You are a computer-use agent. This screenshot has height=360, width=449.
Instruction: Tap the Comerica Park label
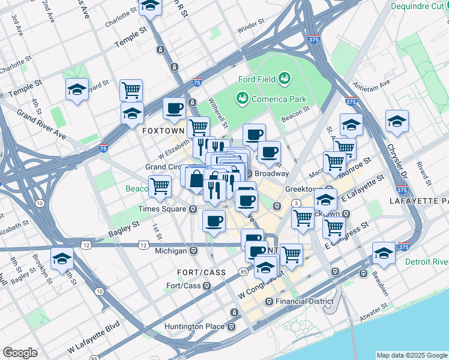(x=271, y=99)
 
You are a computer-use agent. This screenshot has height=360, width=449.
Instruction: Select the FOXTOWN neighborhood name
(x=162, y=130)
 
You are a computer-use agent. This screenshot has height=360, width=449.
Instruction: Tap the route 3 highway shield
(x=296, y=205)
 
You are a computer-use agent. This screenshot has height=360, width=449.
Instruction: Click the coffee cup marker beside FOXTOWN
(x=174, y=109)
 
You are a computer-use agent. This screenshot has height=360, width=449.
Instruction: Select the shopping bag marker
(x=197, y=178)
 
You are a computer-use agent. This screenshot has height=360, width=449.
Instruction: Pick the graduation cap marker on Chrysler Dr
(x=397, y=121)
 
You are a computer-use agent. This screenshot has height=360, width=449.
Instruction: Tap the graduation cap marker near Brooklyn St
(x=62, y=259)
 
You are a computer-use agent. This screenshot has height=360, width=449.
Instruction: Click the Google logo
(x=20, y=352)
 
